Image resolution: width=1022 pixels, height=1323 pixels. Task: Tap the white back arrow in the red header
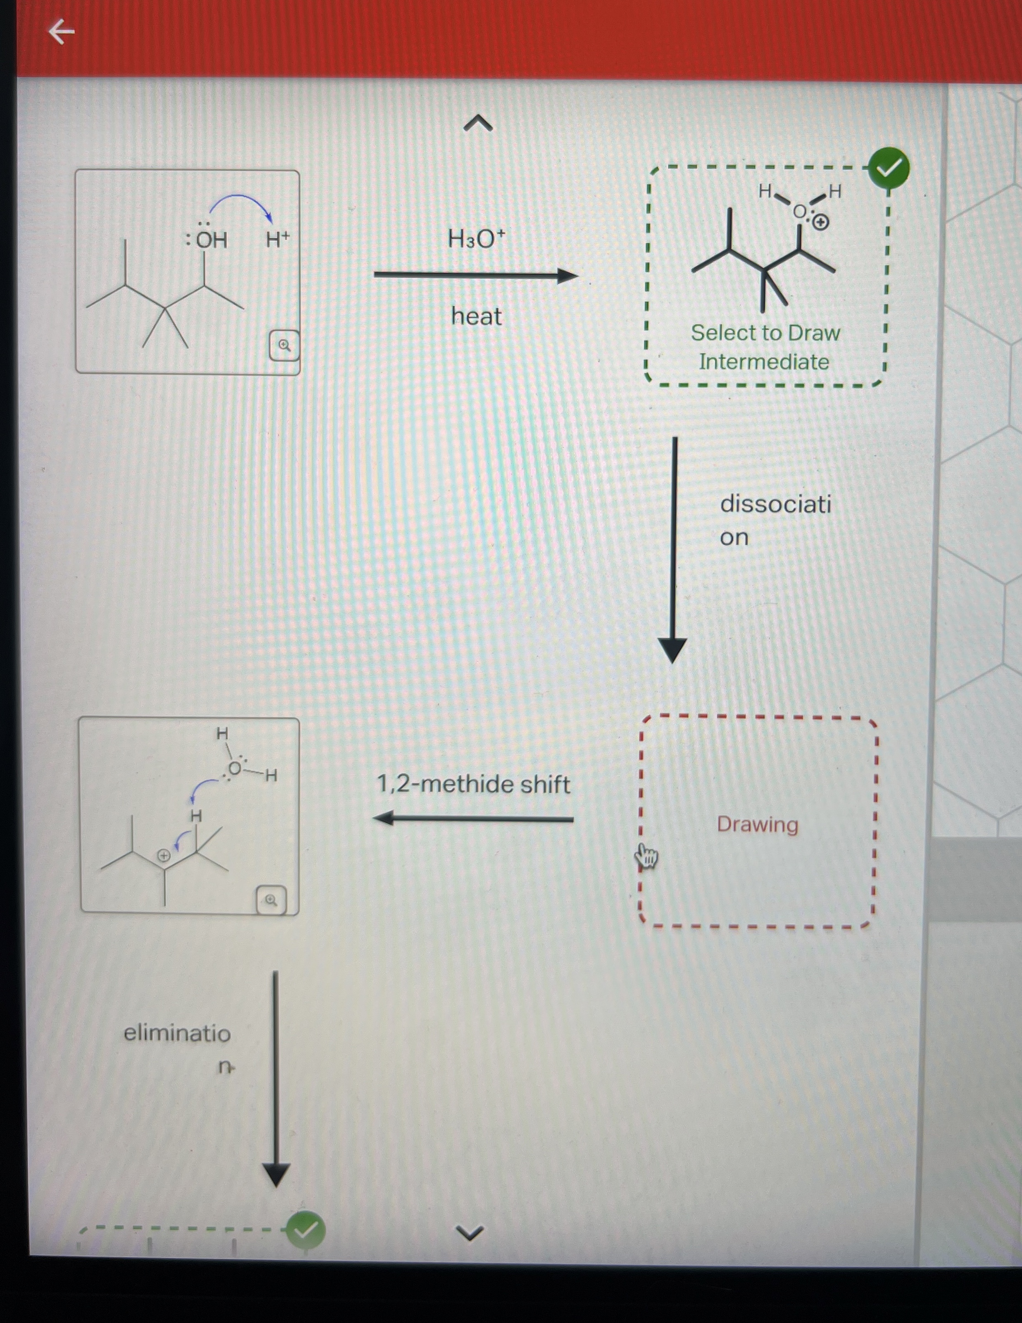point(61,31)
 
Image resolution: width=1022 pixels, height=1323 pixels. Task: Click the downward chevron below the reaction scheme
point(470,1232)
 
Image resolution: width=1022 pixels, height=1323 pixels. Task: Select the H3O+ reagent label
point(476,239)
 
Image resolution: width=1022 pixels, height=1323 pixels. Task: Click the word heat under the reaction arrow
point(476,316)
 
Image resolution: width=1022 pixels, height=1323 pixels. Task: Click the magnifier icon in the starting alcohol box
point(284,345)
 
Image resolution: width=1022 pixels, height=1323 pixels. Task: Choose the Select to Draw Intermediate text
point(765,347)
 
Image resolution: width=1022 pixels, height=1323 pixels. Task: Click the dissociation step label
point(775,520)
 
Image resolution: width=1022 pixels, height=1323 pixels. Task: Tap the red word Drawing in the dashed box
point(757,824)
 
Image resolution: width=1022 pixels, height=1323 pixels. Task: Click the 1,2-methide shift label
point(473,785)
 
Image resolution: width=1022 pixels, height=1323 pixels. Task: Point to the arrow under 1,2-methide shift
point(473,819)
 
